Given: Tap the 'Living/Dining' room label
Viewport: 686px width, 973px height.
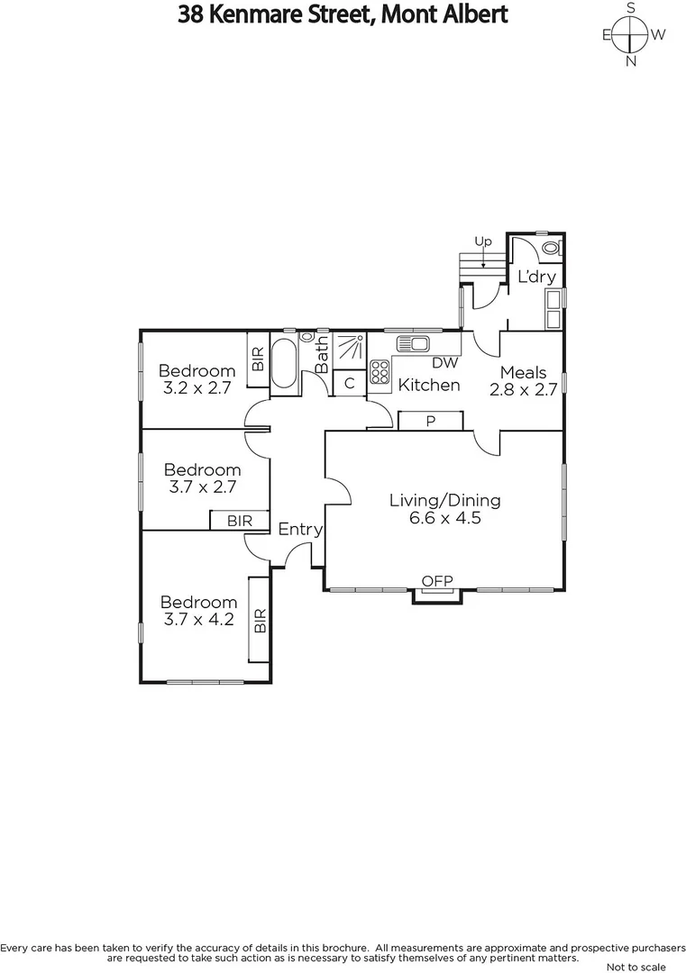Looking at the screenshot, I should (444, 500).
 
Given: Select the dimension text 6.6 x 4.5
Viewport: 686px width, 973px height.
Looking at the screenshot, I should (444, 519).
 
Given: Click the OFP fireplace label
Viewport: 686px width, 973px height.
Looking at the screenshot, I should (437, 580).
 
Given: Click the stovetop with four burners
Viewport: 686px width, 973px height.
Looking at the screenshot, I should (380, 371).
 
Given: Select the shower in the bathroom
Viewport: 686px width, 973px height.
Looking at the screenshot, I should (349, 349).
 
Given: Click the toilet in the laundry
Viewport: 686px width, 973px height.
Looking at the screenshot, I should (552, 246).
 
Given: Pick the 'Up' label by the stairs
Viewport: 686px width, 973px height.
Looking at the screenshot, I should (483, 241).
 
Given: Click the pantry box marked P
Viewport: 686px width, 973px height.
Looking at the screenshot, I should (431, 421).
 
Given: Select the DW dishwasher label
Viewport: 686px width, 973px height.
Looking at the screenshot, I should (445, 363).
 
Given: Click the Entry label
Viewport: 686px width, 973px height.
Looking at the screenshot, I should (299, 530).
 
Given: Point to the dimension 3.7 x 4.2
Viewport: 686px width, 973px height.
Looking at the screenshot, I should (198, 622).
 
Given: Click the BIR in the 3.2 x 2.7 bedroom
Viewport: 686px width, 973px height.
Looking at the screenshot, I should (258, 360).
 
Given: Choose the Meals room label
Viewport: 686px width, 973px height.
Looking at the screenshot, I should (524, 372).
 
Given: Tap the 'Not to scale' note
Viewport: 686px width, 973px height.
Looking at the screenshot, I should (636, 967).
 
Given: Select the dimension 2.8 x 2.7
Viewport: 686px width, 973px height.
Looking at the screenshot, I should (524, 390).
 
